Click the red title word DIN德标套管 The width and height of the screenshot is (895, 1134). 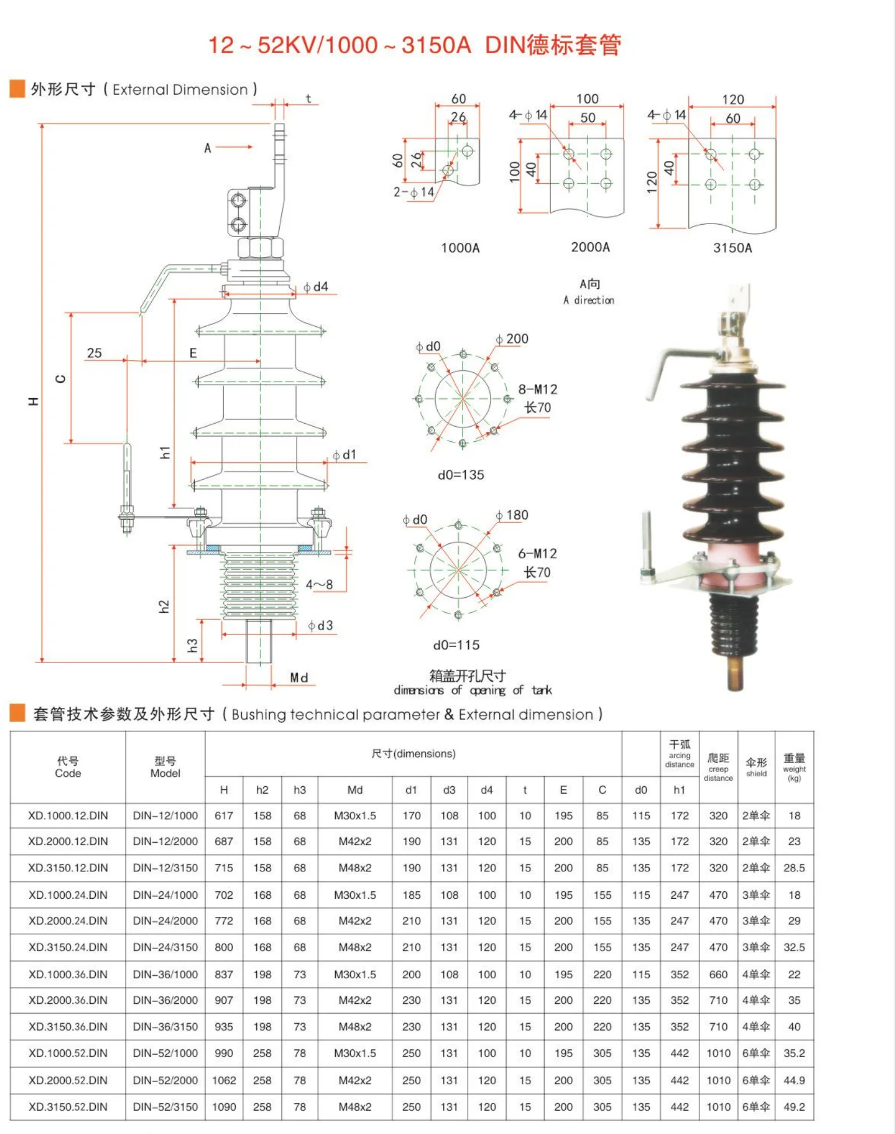click(552, 45)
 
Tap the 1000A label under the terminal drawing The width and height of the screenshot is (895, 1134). click(460, 248)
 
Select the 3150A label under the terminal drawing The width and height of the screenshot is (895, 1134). click(732, 248)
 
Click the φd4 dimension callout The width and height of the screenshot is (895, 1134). click(316, 287)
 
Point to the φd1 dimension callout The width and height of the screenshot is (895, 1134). click(344, 455)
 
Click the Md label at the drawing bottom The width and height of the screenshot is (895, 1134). click(299, 678)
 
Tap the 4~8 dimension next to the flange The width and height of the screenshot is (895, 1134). click(319, 584)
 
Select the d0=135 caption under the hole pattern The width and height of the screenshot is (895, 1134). click(461, 475)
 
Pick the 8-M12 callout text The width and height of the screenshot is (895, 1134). click(538, 389)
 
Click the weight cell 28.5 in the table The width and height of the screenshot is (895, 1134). click(794, 868)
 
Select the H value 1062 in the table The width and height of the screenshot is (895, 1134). click(224, 1080)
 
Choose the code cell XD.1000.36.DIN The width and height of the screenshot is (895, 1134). click(68, 974)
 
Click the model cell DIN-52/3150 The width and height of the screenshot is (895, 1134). click(165, 1107)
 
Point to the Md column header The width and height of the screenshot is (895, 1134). click(355, 790)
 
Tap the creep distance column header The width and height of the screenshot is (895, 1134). click(718, 767)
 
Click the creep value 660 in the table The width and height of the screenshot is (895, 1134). click(718, 974)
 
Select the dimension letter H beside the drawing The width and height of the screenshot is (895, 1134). click(33, 401)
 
